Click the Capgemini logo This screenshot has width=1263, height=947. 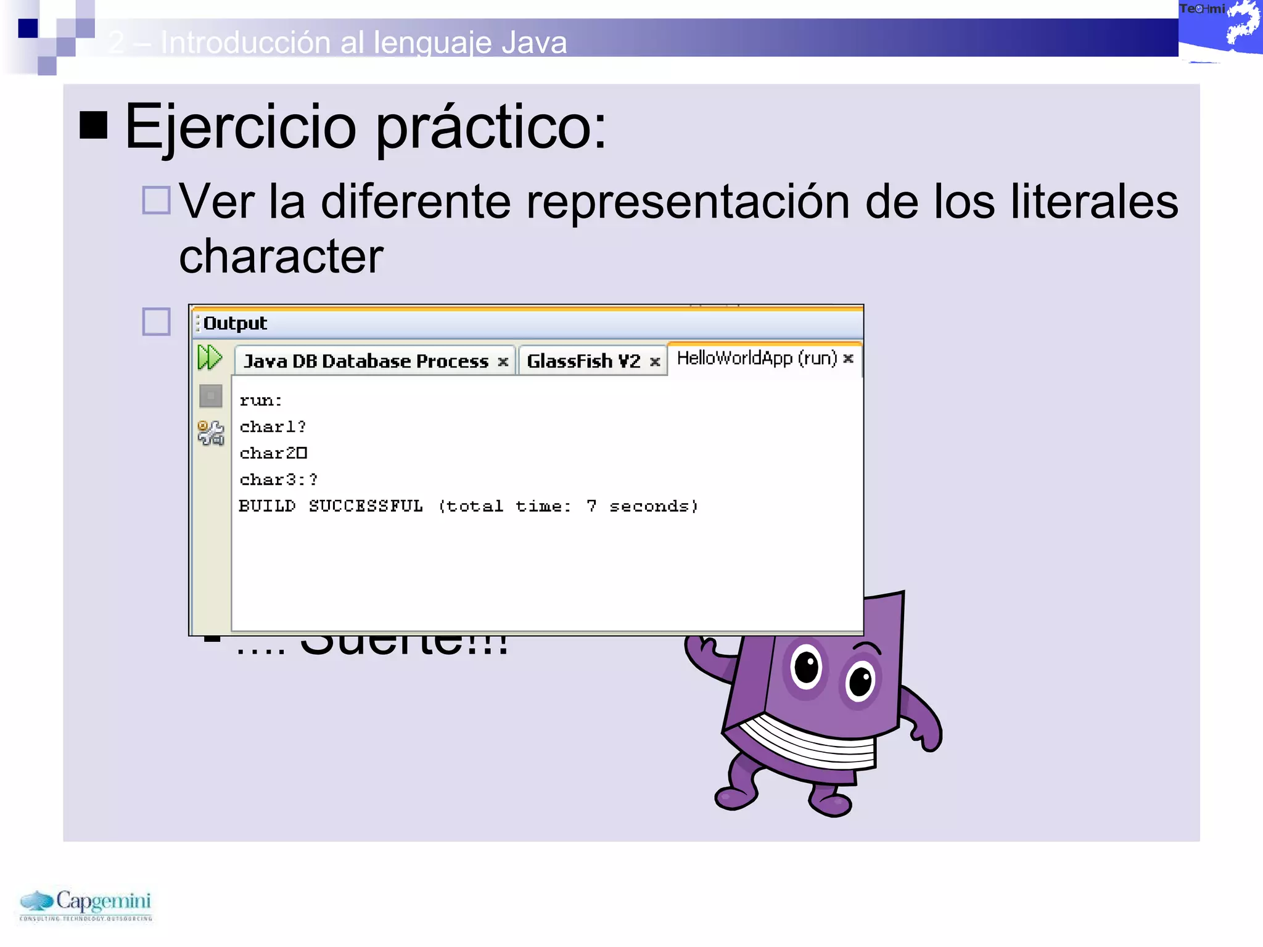(86, 904)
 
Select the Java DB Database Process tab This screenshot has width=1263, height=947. (366, 361)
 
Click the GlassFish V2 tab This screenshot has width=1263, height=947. (583, 361)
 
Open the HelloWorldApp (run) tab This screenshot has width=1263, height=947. (757, 358)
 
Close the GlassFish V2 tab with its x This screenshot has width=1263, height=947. (655, 362)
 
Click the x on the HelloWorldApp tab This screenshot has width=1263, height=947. (849, 358)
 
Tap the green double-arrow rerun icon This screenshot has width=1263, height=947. (210, 358)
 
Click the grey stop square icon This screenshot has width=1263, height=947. (210, 396)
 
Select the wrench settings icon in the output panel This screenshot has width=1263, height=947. (210, 433)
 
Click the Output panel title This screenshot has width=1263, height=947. (235, 323)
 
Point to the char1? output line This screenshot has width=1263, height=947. (273, 427)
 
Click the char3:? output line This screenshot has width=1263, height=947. (279, 480)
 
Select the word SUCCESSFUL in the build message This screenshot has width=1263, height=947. (366, 506)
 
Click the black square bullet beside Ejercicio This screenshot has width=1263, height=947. (94, 125)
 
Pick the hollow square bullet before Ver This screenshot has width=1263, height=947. (156, 200)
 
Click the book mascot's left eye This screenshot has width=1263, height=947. (807, 666)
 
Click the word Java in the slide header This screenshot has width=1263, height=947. (534, 43)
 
